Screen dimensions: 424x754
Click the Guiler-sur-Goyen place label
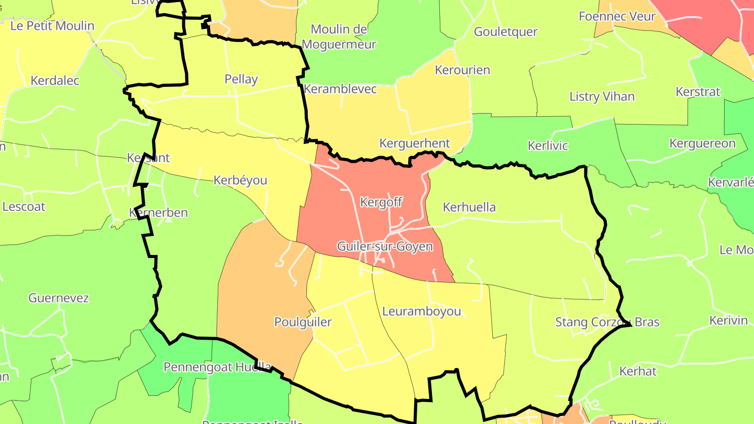[385, 246]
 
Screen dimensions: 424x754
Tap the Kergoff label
[382, 202]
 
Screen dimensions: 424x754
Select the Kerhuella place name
[469, 207]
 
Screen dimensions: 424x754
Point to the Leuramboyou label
[422, 311]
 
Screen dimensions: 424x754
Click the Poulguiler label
[303, 321]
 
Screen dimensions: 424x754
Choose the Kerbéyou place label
[240, 180]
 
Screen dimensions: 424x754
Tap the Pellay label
[241, 79]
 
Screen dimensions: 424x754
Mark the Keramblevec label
[340, 89]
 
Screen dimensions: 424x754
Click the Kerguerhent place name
[414, 143]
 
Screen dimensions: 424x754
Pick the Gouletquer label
[505, 31]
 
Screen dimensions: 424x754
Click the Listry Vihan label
[602, 96]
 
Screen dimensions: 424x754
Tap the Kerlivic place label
[548, 145]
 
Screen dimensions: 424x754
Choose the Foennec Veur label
[617, 16]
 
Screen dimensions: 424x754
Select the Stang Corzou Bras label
[607, 321]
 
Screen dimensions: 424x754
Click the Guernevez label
[59, 298]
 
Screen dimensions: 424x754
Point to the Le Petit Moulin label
[52, 26]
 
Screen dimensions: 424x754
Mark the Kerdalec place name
[55, 81]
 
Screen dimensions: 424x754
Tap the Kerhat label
[637, 371]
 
